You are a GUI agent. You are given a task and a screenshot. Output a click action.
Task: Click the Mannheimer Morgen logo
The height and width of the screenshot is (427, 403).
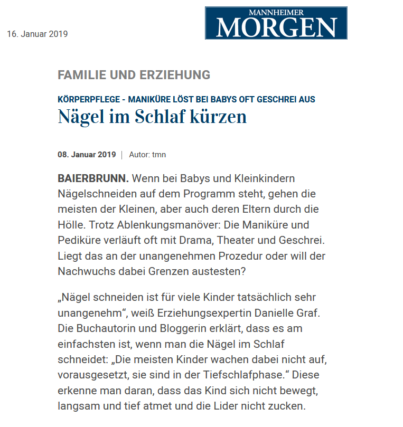tap(276, 23)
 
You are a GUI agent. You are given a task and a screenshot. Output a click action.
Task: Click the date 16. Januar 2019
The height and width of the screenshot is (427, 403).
tap(38, 34)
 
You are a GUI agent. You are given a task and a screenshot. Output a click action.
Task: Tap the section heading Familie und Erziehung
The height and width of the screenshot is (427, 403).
tap(134, 75)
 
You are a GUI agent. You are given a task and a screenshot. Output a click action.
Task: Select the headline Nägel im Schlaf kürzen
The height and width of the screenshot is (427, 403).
tap(152, 116)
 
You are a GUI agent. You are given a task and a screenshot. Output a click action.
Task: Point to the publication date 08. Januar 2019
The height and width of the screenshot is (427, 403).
tap(87, 155)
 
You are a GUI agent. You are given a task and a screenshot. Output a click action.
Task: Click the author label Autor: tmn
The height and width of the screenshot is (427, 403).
tap(147, 155)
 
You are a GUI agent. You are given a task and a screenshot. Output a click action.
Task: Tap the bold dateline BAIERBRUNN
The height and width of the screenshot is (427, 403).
tap(93, 178)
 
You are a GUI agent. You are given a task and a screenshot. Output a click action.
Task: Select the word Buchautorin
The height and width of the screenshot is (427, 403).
tap(105, 328)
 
